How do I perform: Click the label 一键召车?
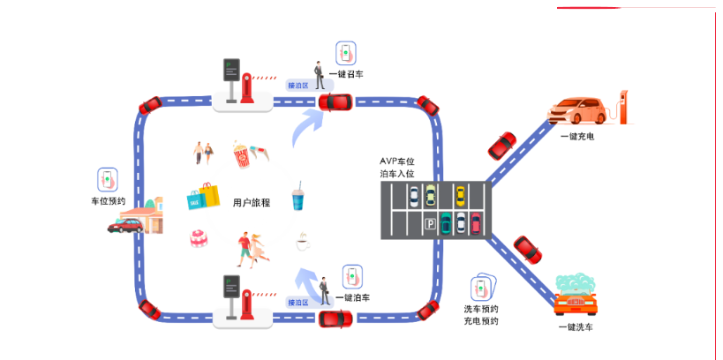(345, 74)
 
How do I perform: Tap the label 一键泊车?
(352, 297)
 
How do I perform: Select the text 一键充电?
(576, 136)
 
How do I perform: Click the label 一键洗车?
(576, 327)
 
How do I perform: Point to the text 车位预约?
(108, 201)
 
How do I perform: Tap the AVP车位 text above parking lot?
(396, 161)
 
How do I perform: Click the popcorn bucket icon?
(240, 154)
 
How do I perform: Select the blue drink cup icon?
(297, 199)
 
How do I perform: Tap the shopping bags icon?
(204, 196)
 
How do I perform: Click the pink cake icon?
(199, 238)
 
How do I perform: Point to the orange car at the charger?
(578, 110)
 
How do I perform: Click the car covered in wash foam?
(577, 296)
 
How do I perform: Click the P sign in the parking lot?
(430, 224)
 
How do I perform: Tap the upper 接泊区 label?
(297, 86)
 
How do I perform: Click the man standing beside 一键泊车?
(325, 291)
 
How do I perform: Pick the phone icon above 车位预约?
(108, 179)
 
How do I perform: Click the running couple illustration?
(250, 248)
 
